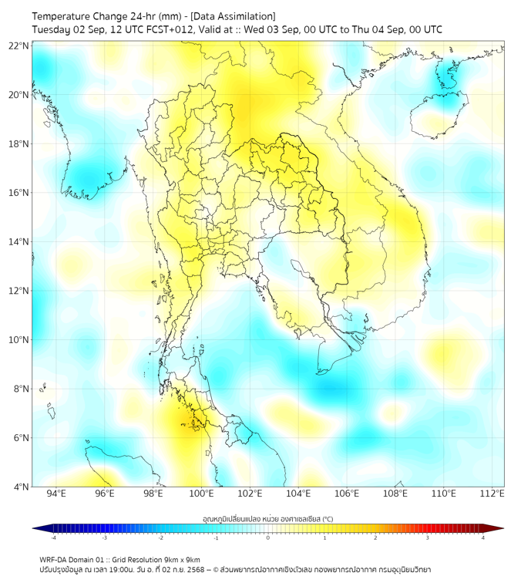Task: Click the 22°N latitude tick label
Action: tap(19, 45)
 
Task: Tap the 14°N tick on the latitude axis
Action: tap(19, 241)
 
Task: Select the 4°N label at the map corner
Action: tap(21, 487)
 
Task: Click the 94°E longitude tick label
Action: tap(56, 494)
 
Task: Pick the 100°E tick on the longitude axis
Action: tap(201, 494)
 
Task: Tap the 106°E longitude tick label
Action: tap(347, 494)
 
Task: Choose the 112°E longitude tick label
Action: tap(492, 494)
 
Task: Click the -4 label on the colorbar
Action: tap(52, 538)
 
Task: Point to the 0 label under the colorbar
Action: tap(268, 538)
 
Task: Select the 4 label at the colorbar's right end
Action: tap(482, 538)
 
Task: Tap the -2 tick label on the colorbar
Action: tap(160, 538)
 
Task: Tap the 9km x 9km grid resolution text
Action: tap(183, 559)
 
